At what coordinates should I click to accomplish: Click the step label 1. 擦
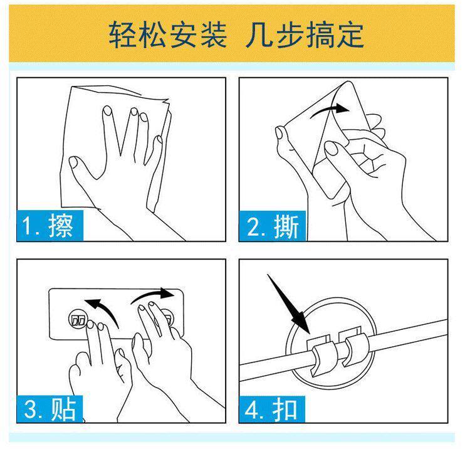[x=50, y=226]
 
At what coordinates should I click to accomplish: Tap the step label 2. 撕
[x=272, y=226]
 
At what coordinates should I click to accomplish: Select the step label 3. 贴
[x=50, y=409]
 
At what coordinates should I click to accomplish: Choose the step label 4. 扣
[x=272, y=409]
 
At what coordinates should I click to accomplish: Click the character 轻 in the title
[x=122, y=34]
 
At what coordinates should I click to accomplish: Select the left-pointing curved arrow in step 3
[x=105, y=309]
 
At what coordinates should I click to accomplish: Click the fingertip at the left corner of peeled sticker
[x=279, y=132]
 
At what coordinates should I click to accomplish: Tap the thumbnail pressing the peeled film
[x=331, y=148]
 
